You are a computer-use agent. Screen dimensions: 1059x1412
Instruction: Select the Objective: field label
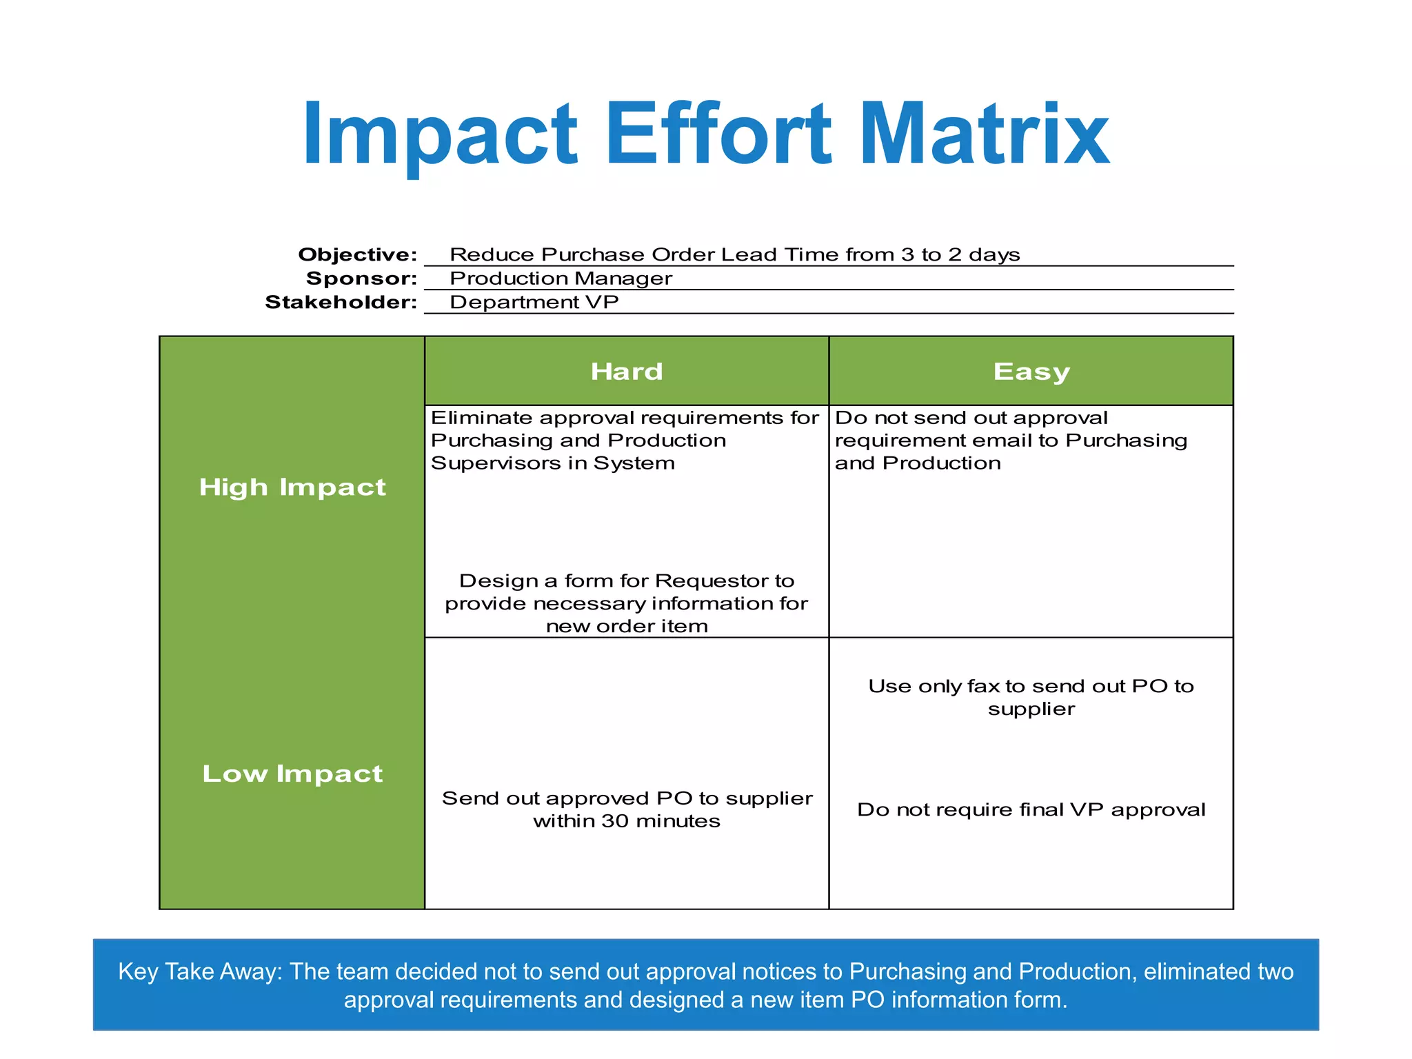[x=357, y=255]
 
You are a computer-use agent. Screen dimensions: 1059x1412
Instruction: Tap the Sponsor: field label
[x=361, y=279]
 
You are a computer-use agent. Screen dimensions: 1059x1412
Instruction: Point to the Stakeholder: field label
[x=341, y=303]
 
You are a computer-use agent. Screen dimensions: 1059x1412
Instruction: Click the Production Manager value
[x=561, y=279]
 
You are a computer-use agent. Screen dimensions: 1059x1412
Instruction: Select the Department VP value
[x=534, y=303]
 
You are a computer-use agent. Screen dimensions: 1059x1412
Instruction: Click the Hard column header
[x=626, y=372]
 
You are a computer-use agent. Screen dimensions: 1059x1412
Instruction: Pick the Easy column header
[x=1031, y=372]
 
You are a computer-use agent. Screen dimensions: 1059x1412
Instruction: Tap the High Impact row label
[x=292, y=487]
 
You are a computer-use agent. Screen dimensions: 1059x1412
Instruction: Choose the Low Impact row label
[x=292, y=774]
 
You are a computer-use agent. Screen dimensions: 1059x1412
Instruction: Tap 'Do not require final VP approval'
[x=1031, y=809]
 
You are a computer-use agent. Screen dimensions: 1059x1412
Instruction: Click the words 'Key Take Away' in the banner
[x=200, y=971]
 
